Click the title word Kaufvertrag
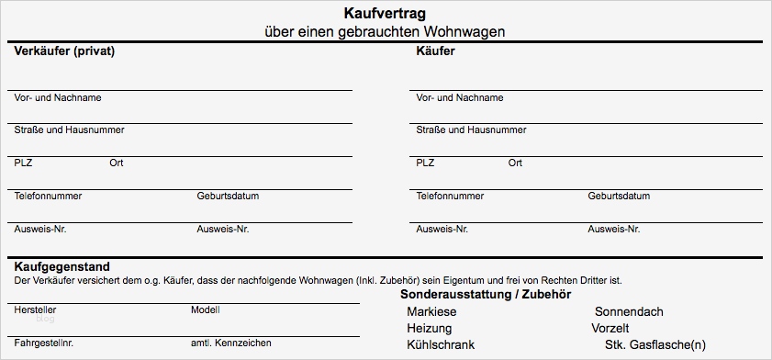coord(385,14)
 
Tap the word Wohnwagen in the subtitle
coord(468,31)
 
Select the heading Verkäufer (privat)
coord(64,51)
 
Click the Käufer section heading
coord(435,51)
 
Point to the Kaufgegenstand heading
coord(63,265)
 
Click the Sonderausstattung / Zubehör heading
coord(486,294)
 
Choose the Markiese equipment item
coord(431,312)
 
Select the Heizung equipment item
coord(430,328)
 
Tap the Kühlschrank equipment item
coord(441,344)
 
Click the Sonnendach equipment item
coord(629,312)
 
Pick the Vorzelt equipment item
coord(610,328)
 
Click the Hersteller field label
coord(36,310)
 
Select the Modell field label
coord(206,310)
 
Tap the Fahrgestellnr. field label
coord(44,343)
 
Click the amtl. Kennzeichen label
coord(230,343)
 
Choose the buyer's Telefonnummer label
coord(450,196)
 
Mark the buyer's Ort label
coord(515,163)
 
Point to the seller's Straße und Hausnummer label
coord(69,129)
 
